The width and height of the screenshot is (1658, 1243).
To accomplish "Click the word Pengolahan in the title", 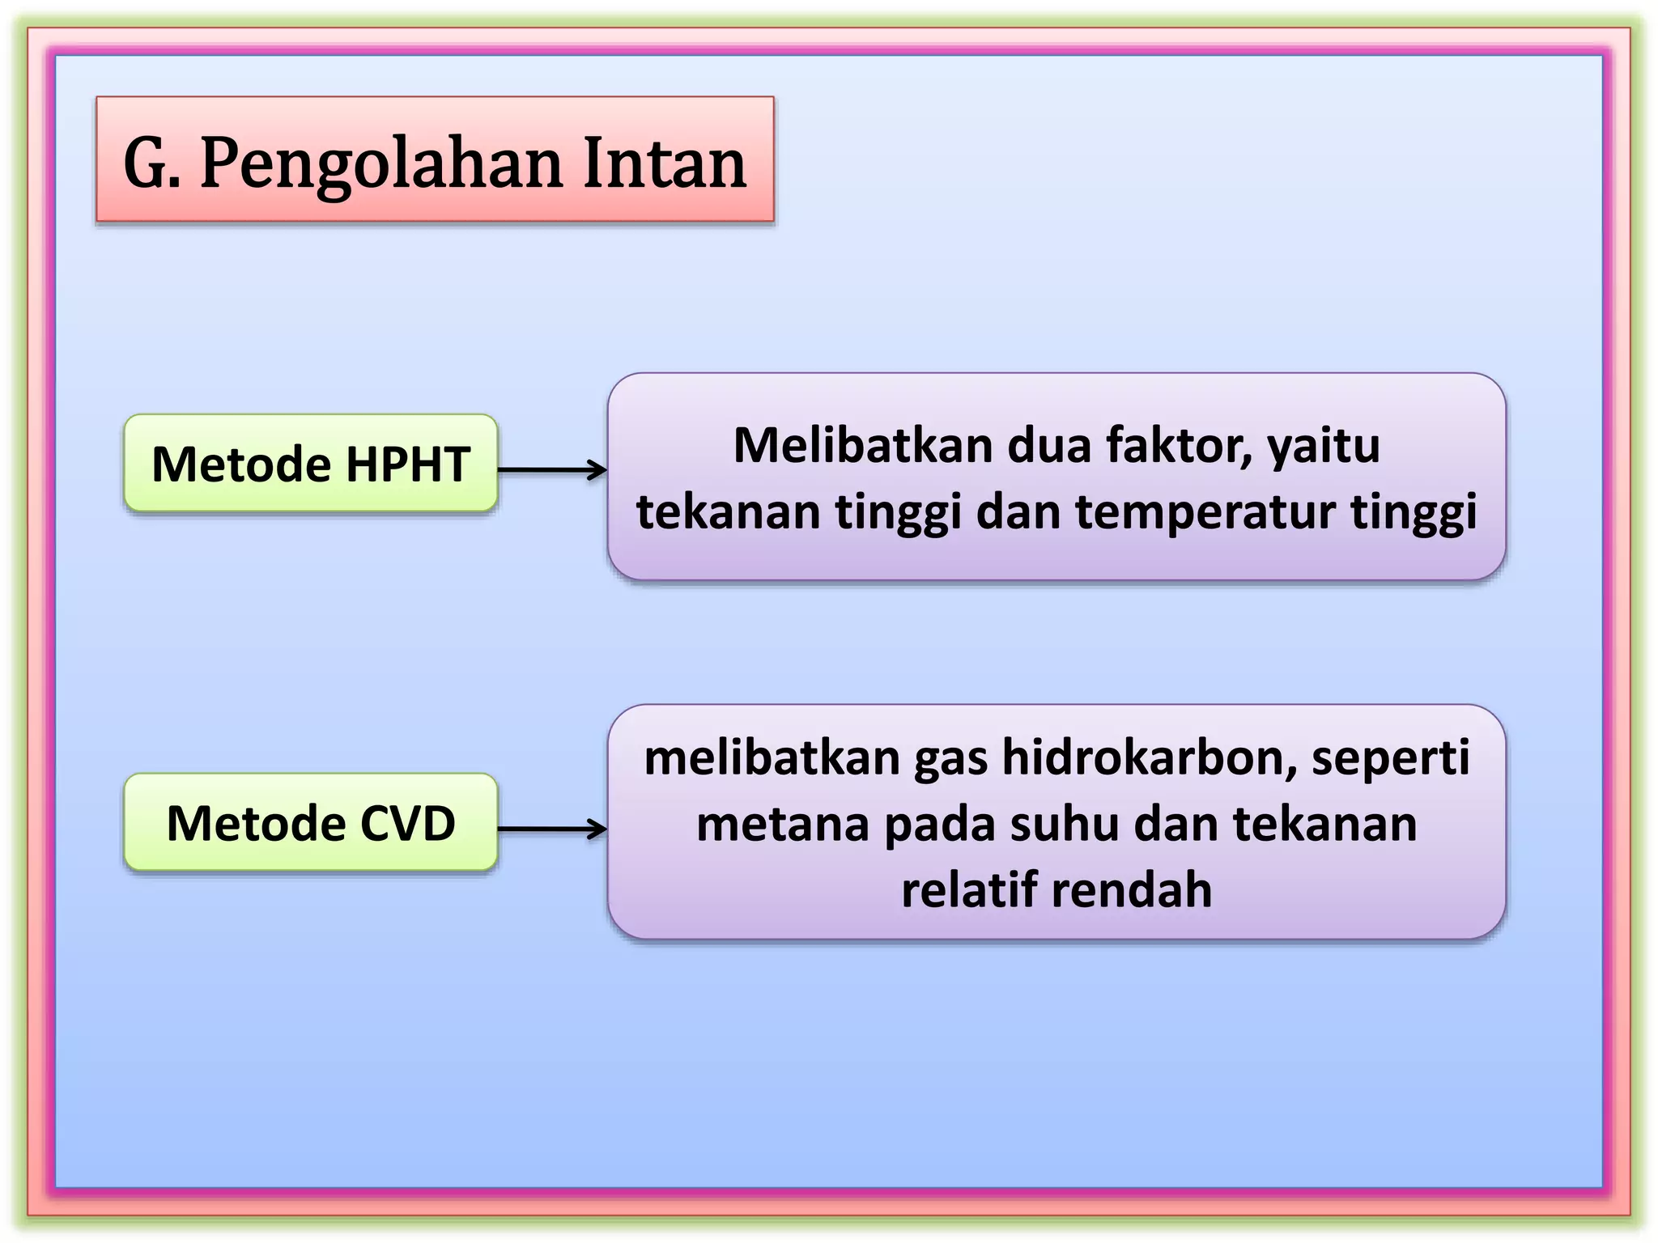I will [x=380, y=164].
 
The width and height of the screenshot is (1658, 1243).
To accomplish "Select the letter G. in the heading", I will [x=151, y=163].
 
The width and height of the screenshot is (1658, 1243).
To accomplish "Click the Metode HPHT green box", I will [x=310, y=464].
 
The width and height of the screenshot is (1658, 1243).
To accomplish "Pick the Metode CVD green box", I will [x=310, y=823].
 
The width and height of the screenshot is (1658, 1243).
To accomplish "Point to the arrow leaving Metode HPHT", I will [x=552, y=469].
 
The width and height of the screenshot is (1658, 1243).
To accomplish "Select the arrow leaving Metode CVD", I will [x=552, y=829].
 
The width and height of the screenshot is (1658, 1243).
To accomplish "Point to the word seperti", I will [x=1390, y=760].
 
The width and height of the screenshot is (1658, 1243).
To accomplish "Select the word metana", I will [x=782, y=825].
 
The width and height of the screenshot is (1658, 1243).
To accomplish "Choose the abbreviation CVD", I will [x=407, y=823].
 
